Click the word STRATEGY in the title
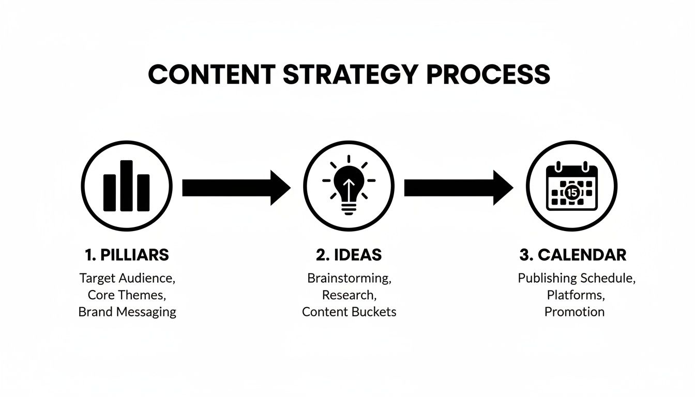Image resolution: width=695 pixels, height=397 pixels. [350, 75]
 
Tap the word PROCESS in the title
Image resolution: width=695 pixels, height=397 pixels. [488, 75]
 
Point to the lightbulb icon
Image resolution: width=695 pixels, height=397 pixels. [349, 187]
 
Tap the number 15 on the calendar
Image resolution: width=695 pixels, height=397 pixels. [571, 192]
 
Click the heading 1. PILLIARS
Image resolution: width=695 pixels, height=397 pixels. [127, 255]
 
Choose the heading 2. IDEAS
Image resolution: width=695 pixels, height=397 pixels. [349, 255]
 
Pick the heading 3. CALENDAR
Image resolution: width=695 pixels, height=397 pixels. [572, 255]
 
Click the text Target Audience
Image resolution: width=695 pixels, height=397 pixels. [127, 278]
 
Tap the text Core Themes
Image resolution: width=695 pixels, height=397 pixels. [127, 295]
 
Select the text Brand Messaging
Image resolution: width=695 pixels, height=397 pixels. [127, 312]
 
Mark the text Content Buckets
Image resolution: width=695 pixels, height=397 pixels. [349, 312]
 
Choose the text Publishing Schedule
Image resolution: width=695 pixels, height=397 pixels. [577, 278]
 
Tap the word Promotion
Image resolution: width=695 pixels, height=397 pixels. [574, 312]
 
